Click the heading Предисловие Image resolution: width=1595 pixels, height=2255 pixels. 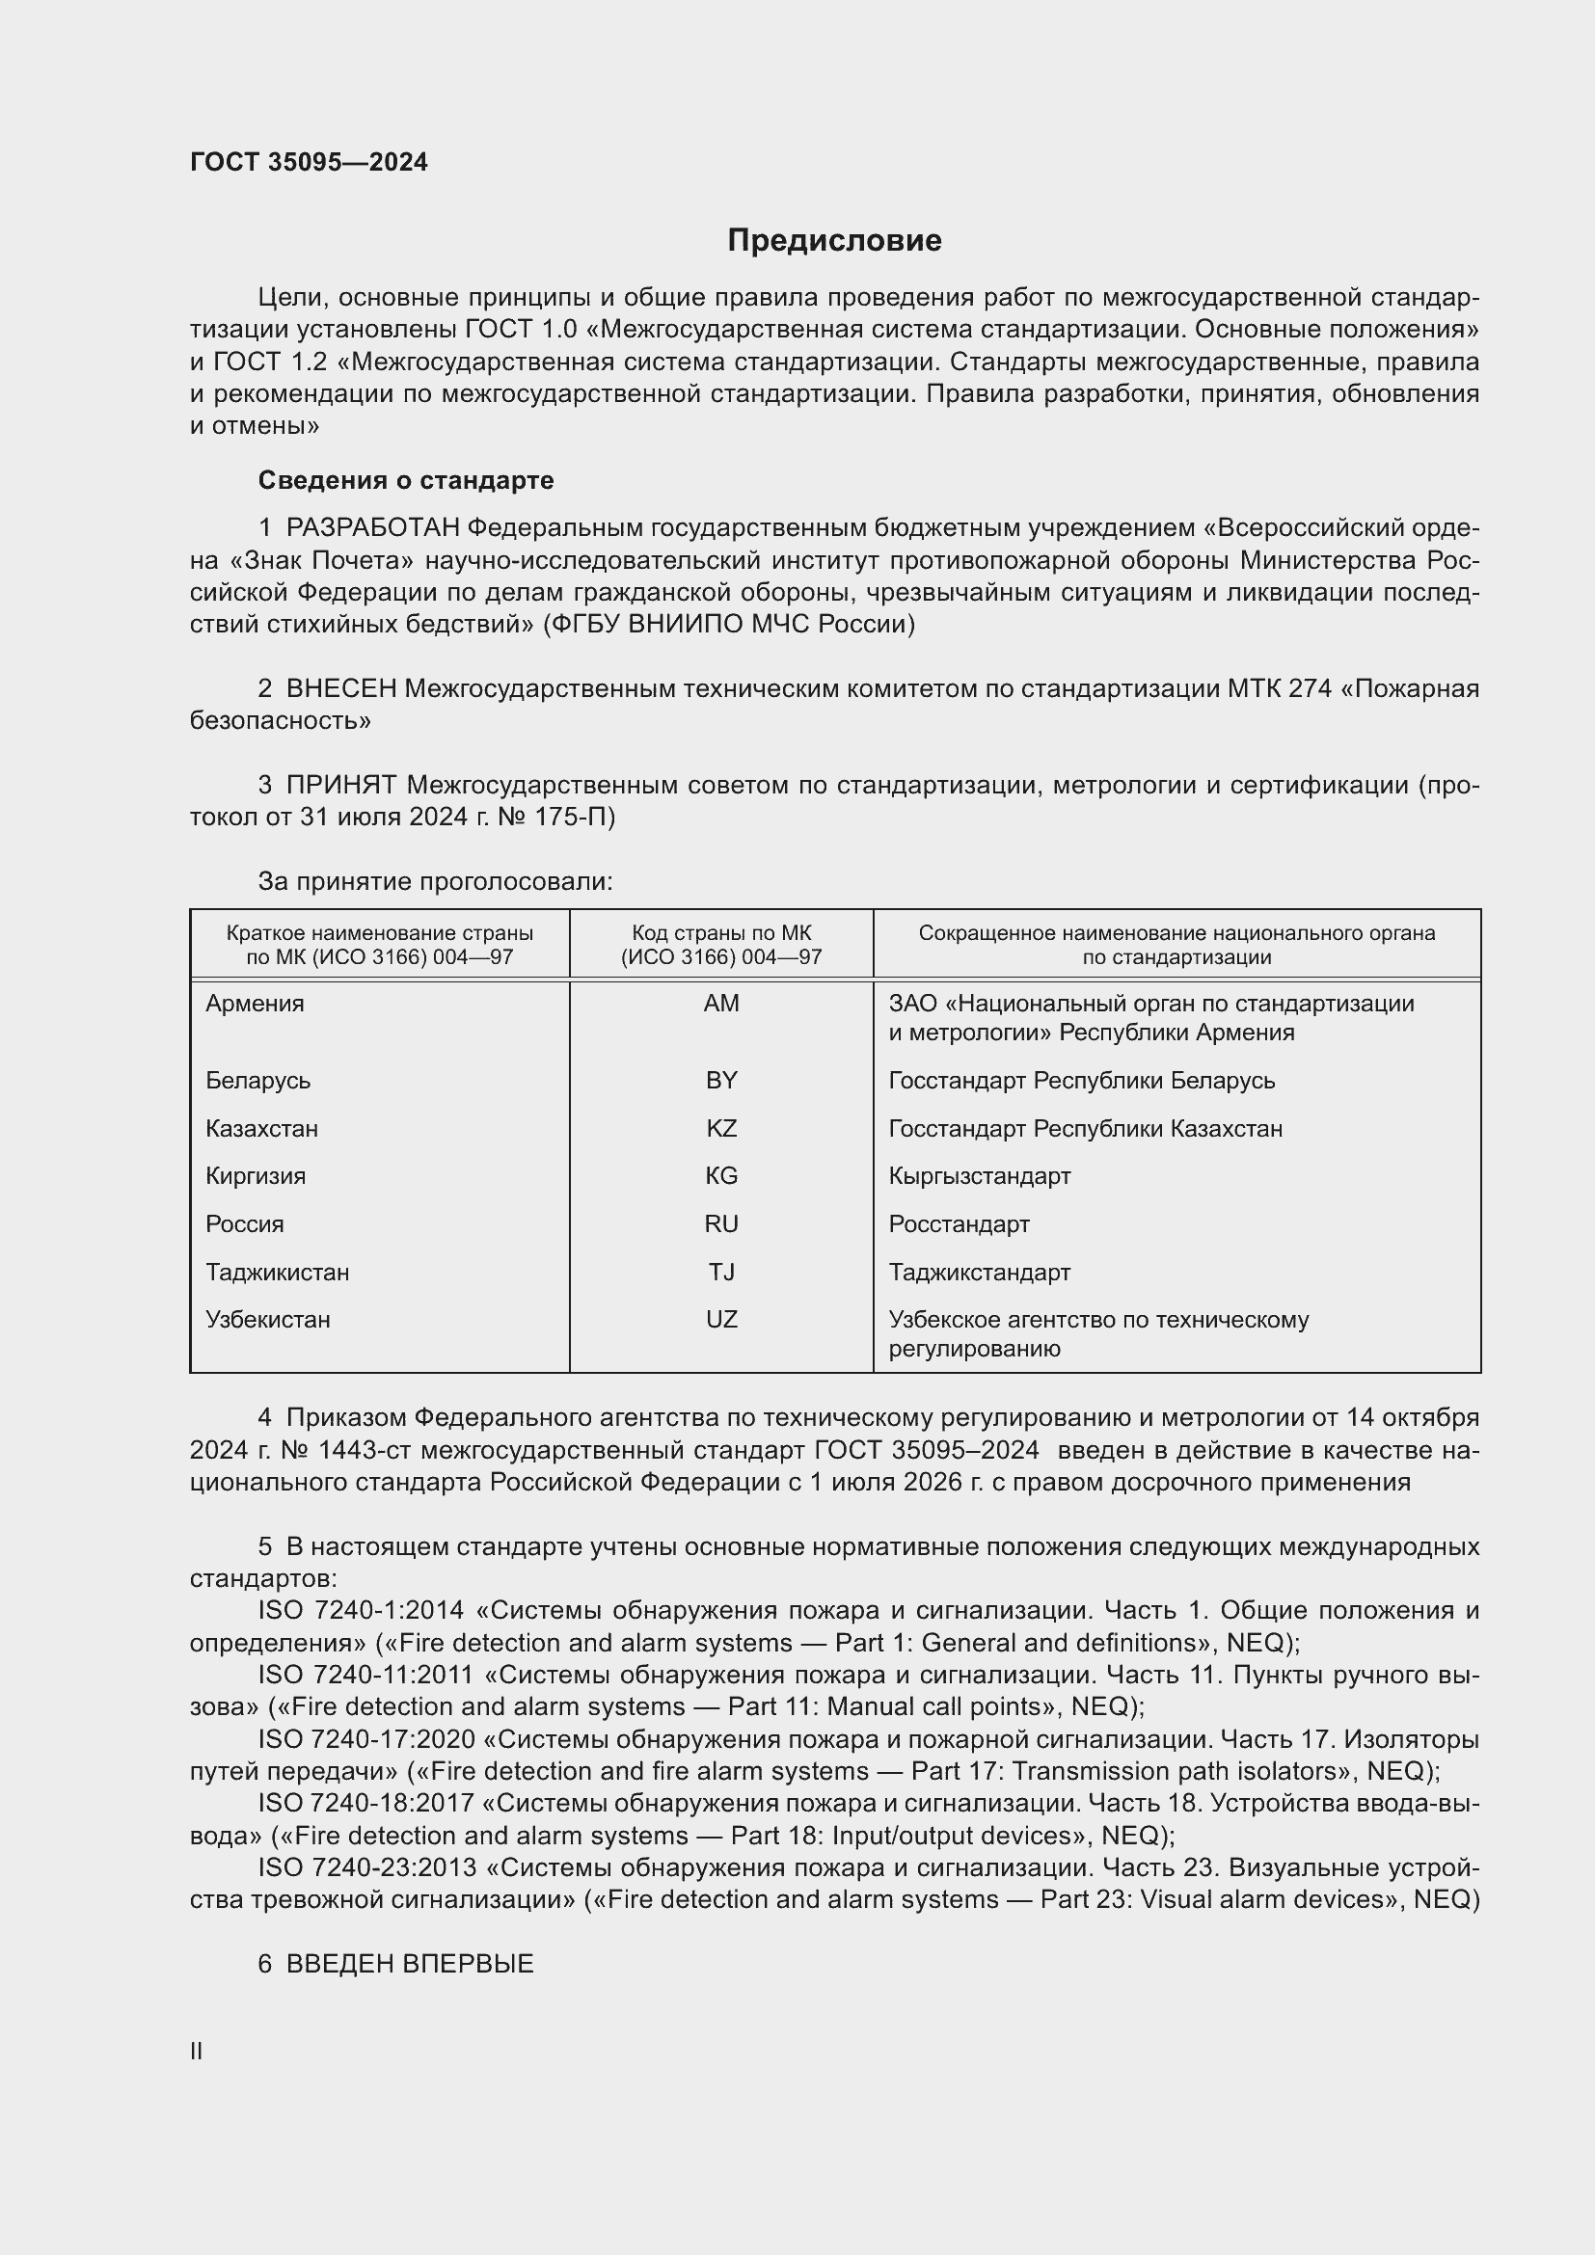[834, 240]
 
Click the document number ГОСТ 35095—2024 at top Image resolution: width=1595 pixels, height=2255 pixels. [309, 162]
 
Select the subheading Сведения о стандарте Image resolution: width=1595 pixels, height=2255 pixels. [406, 480]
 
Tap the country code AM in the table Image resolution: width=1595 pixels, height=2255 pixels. [721, 1003]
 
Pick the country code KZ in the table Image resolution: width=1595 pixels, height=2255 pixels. [721, 1129]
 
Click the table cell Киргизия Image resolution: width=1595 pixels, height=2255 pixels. [256, 1175]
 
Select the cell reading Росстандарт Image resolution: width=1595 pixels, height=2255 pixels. [959, 1223]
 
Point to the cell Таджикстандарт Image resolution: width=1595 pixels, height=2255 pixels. [979, 1272]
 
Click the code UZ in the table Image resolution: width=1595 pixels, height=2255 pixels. [721, 1319]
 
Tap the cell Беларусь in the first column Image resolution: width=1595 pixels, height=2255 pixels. [258, 1081]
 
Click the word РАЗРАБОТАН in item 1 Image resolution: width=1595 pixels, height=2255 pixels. [372, 528]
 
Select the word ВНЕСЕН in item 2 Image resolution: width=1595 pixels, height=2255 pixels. [340, 688]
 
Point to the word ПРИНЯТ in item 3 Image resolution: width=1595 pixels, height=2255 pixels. [340, 785]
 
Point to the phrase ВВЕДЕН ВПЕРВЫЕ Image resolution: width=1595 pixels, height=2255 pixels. [410, 1963]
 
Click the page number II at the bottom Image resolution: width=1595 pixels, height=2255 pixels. [197, 2051]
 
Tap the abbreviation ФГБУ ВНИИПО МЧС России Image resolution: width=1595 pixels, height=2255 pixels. [729, 625]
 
